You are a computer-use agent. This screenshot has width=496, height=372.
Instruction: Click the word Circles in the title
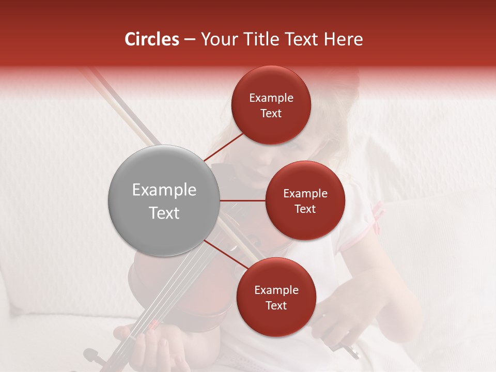[151, 39]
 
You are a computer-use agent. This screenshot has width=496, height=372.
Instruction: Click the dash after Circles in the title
[190, 40]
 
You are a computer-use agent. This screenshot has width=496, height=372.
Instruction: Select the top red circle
[271, 105]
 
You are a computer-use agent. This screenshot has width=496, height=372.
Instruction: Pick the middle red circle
[305, 200]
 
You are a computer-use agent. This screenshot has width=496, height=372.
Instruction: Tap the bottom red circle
[276, 297]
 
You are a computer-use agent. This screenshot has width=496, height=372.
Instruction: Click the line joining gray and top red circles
[224, 146]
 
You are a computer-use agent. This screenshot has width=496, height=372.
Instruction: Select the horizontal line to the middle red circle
[242, 200]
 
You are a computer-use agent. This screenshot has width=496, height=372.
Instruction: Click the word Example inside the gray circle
[164, 190]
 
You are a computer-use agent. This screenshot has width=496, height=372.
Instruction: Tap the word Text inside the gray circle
[164, 213]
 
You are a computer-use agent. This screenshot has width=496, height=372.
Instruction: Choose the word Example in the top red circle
[271, 98]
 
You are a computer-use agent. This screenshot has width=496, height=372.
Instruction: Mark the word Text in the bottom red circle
[276, 305]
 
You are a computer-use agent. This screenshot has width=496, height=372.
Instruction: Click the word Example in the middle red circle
[305, 193]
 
